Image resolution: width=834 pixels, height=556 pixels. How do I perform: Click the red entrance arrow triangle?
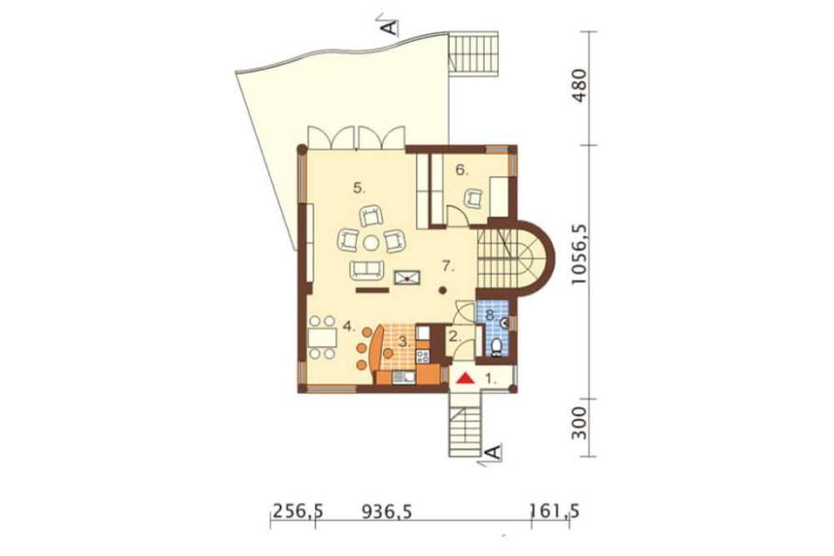[465, 378]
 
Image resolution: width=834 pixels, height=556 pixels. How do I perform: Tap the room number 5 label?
[359, 188]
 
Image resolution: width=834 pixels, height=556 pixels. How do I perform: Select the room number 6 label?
[461, 170]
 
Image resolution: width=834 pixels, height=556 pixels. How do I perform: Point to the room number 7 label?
[449, 266]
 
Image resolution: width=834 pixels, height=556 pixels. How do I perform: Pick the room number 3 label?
[404, 342]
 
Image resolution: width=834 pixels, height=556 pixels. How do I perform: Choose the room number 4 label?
[349, 326]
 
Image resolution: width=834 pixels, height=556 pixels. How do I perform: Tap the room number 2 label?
[455, 336]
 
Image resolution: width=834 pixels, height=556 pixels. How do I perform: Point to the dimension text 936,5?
[387, 512]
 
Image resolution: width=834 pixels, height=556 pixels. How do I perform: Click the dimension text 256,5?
[298, 512]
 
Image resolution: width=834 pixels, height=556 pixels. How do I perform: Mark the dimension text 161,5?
[554, 512]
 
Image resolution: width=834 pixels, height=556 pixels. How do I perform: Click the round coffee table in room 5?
[371, 244]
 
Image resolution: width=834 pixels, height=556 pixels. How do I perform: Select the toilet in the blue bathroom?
[496, 347]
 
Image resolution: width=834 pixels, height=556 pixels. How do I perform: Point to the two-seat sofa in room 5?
[365, 270]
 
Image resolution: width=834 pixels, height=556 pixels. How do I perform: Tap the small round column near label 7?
[443, 291]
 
